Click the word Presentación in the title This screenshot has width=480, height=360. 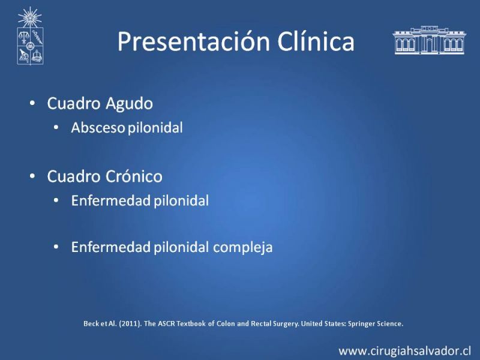pos(194,41)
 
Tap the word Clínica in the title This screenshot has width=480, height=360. pos(316,41)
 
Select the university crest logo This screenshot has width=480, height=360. pos(30,36)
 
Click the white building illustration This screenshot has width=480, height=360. pos(429,40)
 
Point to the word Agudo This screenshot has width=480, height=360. pos(129,104)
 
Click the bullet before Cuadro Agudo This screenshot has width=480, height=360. pos(32,103)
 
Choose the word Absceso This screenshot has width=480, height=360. pos(98,128)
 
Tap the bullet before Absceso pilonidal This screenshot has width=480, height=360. pos(56,127)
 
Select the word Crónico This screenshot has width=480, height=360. pos(133,176)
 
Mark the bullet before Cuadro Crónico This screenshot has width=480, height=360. pos(32,176)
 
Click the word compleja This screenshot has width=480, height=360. pos(242,248)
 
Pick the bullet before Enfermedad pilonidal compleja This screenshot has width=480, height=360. pos(56,247)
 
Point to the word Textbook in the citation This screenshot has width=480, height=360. pos(191,323)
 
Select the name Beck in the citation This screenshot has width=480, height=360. pos(91,323)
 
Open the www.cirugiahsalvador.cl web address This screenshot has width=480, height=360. pos(404,351)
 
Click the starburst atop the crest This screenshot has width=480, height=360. pos(29,17)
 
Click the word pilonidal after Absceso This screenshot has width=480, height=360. pos(155,128)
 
